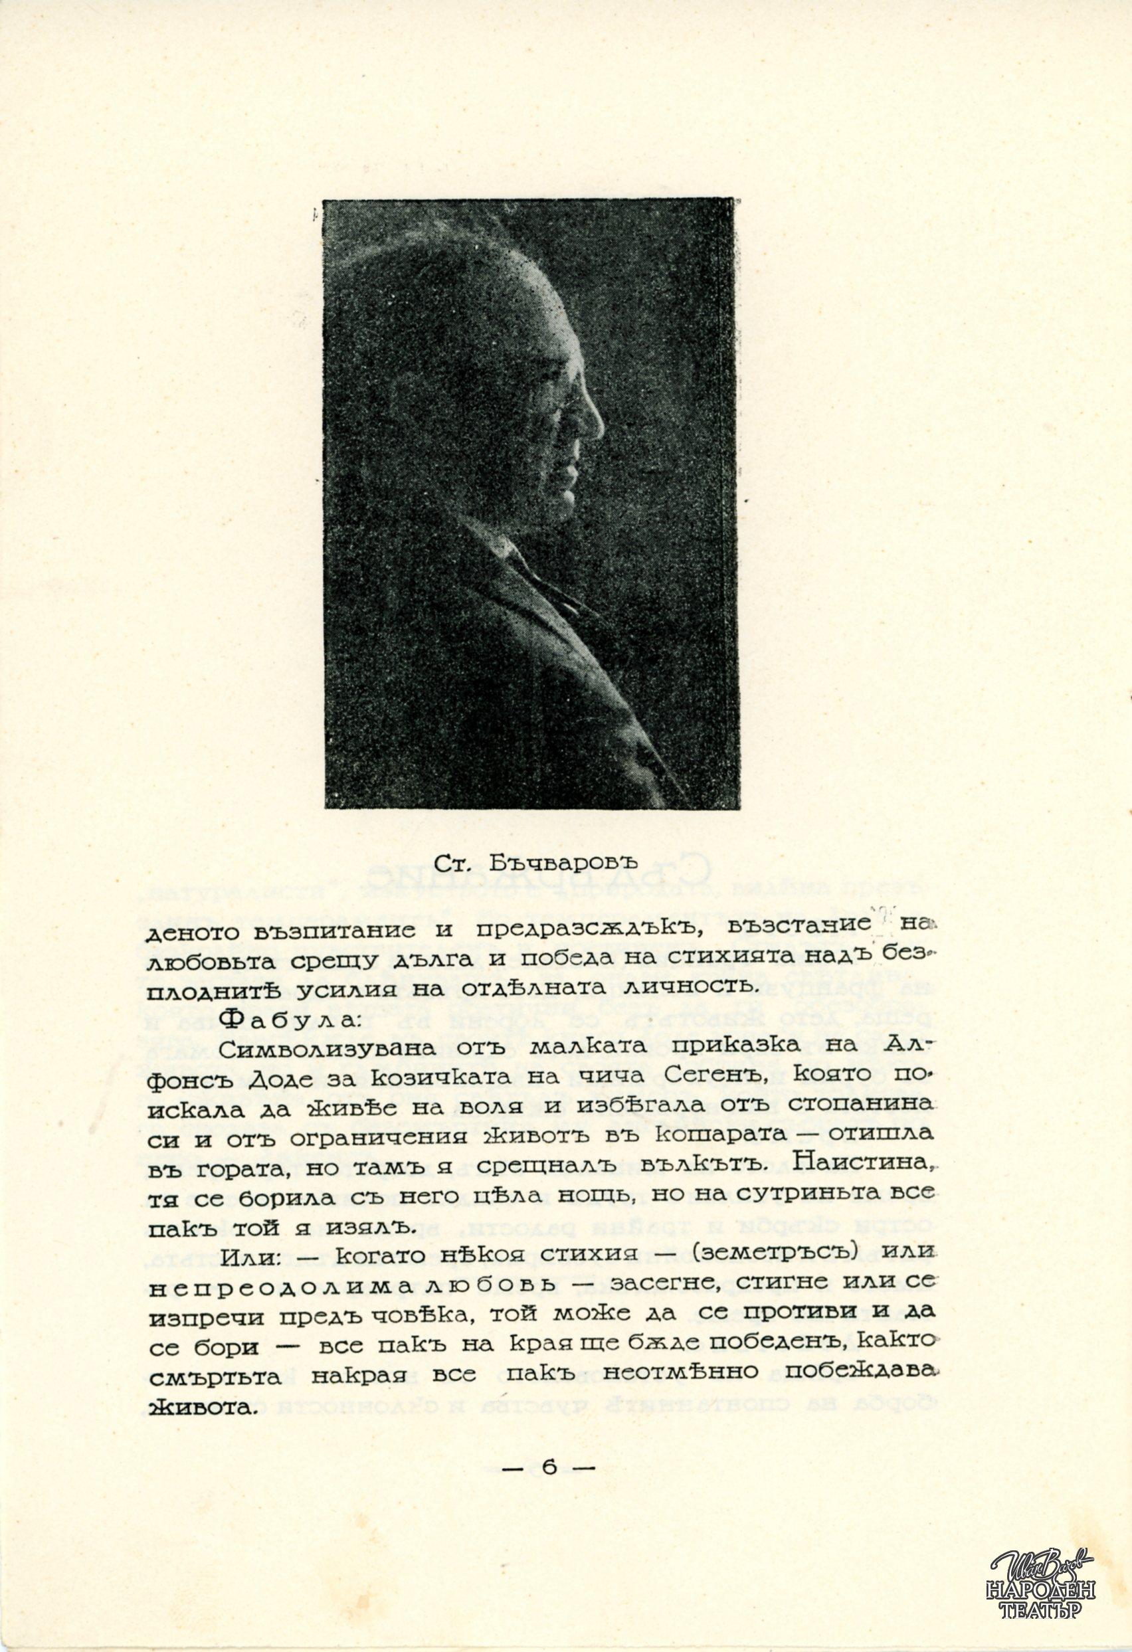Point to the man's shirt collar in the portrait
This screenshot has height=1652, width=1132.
point(523,569)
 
